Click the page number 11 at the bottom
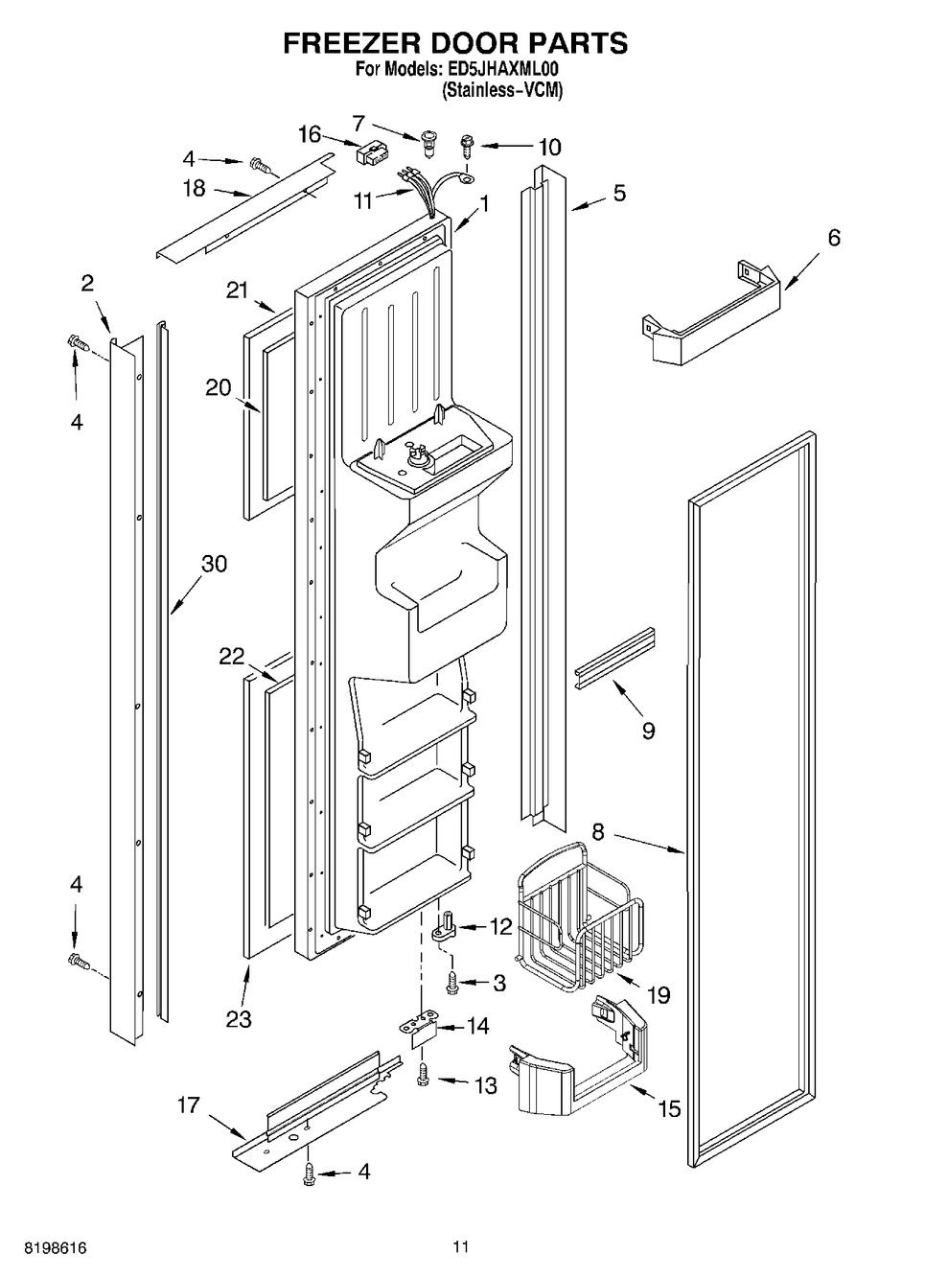(x=461, y=1247)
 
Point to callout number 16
(x=309, y=134)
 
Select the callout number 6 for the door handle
(x=834, y=238)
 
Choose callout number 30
(x=214, y=564)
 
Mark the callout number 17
(x=188, y=1105)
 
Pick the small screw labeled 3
(x=452, y=981)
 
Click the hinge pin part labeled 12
(x=448, y=927)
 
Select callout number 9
(x=649, y=731)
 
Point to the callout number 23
(x=239, y=1018)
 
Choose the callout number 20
(x=219, y=387)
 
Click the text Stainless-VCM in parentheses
(x=501, y=91)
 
